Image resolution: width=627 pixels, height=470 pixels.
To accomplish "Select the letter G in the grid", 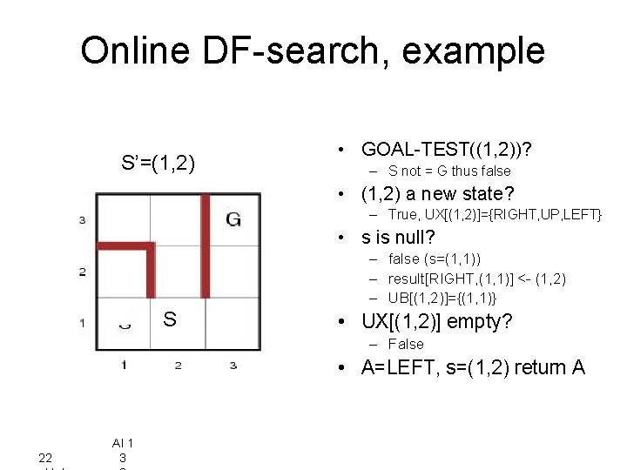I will click(x=233, y=219).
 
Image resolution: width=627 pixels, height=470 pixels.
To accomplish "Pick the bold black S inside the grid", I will click(x=170, y=320).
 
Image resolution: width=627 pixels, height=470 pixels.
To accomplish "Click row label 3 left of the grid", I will click(x=82, y=220).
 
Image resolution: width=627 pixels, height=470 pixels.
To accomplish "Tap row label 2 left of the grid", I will click(x=82, y=272).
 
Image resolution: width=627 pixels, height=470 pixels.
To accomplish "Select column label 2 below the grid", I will click(x=178, y=365).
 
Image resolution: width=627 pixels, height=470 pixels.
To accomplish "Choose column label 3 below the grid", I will click(x=233, y=365).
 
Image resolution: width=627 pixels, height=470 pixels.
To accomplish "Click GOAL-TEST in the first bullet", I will click(x=409, y=150).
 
